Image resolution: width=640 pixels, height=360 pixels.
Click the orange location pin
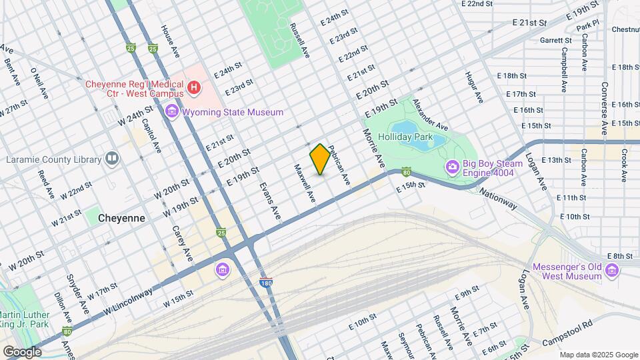[x=320, y=159]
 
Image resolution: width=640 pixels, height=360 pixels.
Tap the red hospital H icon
[x=193, y=87]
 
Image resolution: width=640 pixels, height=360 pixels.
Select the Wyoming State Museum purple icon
[x=172, y=112]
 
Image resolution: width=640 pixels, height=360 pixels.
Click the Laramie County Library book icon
[x=112, y=159]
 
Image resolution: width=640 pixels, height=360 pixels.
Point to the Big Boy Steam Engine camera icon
[x=453, y=166]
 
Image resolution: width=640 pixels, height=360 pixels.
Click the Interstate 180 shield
[x=265, y=283]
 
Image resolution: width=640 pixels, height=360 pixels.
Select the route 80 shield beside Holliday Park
[x=406, y=171]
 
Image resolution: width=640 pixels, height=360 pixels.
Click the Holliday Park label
[x=406, y=137]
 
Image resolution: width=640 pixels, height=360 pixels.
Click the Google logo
[x=22, y=351]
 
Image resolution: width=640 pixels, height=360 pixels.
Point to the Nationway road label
[x=498, y=198]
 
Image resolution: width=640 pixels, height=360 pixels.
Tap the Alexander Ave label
[x=430, y=115]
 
